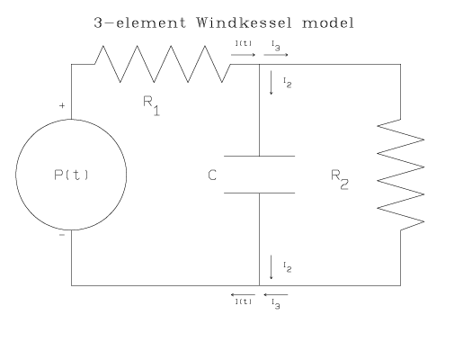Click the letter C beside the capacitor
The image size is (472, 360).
coord(212,175)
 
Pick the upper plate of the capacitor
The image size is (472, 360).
coord(259,156)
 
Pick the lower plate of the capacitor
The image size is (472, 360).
coord(259,191)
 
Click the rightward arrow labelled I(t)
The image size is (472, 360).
coord(243,54)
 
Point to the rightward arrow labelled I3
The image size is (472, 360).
coord(277,54)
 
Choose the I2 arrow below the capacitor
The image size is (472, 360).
coord(271,267)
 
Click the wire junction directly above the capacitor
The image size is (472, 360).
coord(259,65)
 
